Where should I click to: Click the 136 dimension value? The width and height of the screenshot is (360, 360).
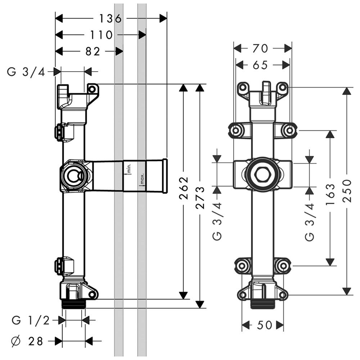pyautogui.click(x=111, y=18)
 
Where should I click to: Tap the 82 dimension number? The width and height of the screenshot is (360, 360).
pyautogui.click(x=93, y=51)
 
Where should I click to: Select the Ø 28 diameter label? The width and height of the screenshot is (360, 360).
pyautogui.click(x=27, y=341)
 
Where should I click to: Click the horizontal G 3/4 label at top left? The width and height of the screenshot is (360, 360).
pyautogui.click(x=26, y=72)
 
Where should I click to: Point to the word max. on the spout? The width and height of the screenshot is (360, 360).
pyautogui.click(x=142, y=179)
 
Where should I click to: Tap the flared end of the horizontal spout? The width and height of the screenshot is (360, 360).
pyautogui.click(x=165, y=175)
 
